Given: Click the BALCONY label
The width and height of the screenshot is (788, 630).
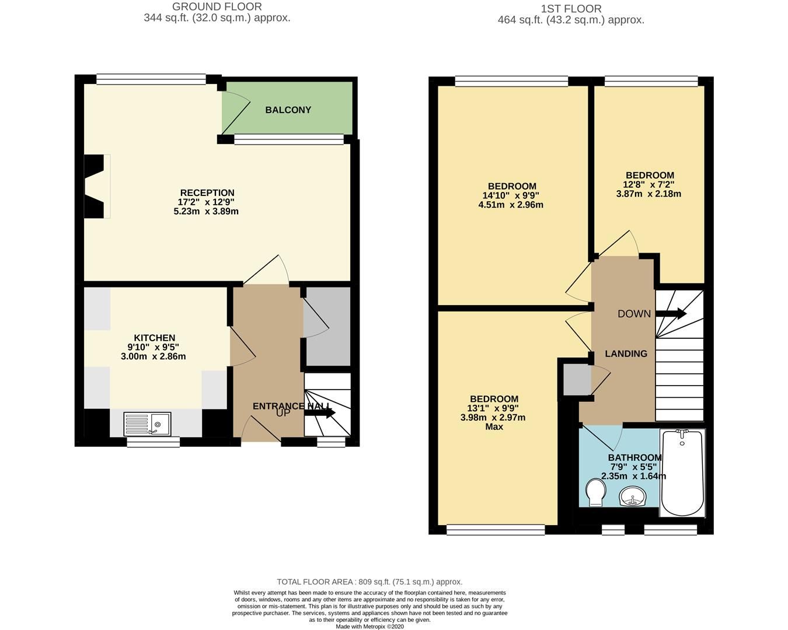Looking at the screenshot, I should [x=288, y=110].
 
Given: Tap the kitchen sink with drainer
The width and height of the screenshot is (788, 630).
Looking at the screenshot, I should [x=147, y=423].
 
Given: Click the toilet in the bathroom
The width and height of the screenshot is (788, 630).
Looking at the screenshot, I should [x=595, y=493].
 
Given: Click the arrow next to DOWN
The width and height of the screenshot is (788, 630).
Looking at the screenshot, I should [x=671, y=314].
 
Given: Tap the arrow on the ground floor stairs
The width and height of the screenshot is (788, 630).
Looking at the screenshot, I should [x=320, y=413].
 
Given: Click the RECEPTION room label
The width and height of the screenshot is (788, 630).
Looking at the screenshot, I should [x=207, y=192].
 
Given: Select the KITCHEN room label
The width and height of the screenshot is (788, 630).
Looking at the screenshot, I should [x=154, y=338].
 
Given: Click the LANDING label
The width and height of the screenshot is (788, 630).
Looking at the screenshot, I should [x=626, y=353].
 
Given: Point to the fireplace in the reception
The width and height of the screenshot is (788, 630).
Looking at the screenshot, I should [x=95, y=186].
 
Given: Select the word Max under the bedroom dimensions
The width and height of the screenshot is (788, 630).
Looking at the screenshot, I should [x=494, y=426].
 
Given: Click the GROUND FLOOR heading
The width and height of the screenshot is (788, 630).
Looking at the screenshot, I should [x=217, y=7].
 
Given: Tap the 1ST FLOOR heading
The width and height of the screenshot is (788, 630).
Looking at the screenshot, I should [x=570, y=9].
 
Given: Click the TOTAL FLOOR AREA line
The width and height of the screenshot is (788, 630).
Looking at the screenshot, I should [x=369, y=582].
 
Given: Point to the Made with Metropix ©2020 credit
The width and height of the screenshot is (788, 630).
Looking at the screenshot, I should [x=369, y=626].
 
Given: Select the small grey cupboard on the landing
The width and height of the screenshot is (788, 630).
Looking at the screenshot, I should [x=575, y=379].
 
